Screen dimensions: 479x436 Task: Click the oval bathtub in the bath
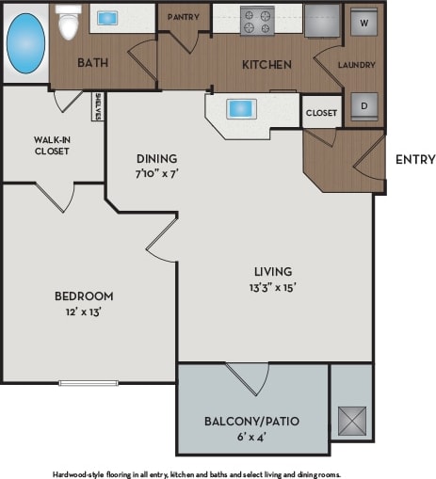click(x=25, y=43)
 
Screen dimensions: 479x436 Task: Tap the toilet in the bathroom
click(x=68, y=23)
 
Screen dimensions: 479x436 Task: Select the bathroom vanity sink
click(x=107, y=17)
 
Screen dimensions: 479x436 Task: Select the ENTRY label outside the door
click(x=414, y=159)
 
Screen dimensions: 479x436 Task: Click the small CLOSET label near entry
click(x=321, y=113)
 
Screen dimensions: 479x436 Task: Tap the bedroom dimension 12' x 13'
click(x=84, y=311)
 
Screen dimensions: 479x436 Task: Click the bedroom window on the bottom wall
click(x=88, y=382)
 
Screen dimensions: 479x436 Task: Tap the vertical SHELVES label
click(x=98, y=106)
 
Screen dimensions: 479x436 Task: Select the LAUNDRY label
click(x=357, y=65)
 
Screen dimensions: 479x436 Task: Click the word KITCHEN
click(x=266, y=65)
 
